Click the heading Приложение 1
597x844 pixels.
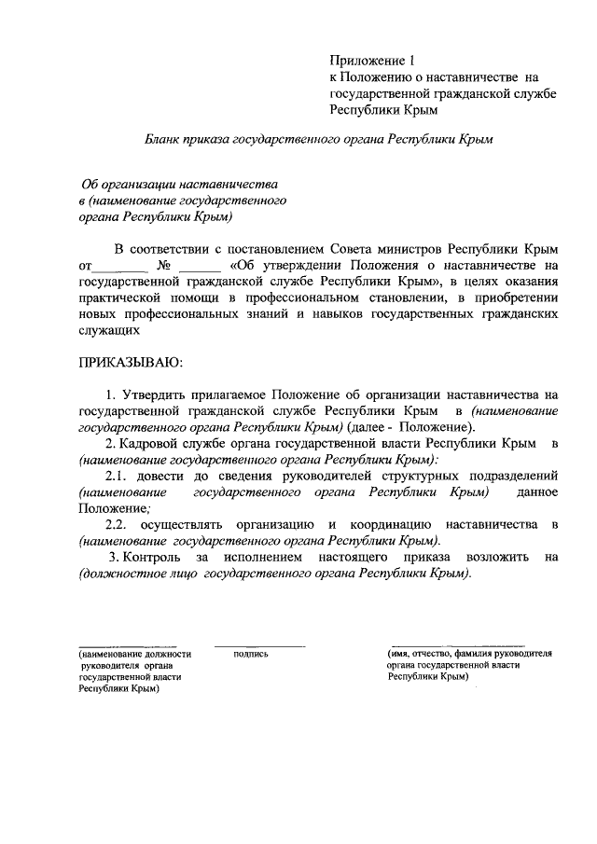[x=373, y=61]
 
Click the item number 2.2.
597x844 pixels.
[x=118, y=524]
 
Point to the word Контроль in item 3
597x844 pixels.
[x=155, y=557]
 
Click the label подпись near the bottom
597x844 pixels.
[x=251, y=654]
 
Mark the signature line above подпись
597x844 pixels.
[x=259, y=645]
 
